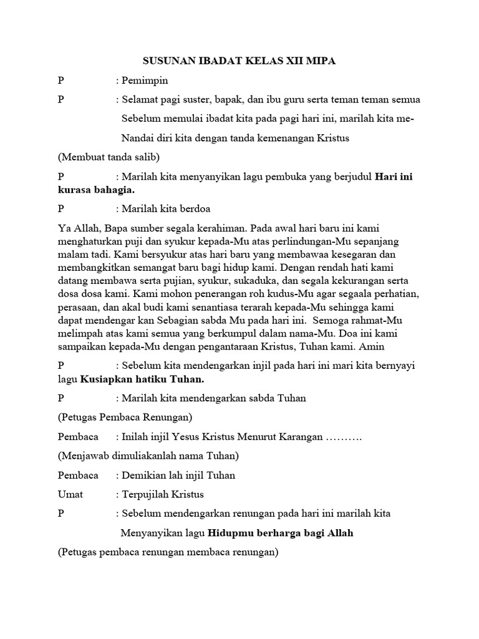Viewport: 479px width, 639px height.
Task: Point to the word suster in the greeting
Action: (x=195, y=99)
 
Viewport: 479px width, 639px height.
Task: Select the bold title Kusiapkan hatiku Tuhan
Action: (x=152, y=379)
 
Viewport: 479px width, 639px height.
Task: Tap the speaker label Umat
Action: (x=70, y=495)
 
